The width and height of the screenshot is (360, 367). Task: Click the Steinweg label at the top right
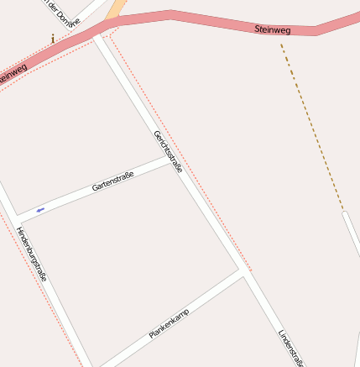tap(272, 29)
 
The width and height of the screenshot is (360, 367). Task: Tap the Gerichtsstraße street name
tap(168, 150)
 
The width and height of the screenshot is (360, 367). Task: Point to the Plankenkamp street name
tap(169, 323)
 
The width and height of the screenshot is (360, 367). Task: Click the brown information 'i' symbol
tap(53, 38)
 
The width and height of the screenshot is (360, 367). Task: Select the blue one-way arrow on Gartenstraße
tap(40, 209)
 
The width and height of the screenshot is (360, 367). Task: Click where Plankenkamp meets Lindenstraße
tap(244, 272)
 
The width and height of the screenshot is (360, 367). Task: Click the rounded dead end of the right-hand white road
tap(346, 216)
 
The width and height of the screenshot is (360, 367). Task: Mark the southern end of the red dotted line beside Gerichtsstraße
tap(251, 270)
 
